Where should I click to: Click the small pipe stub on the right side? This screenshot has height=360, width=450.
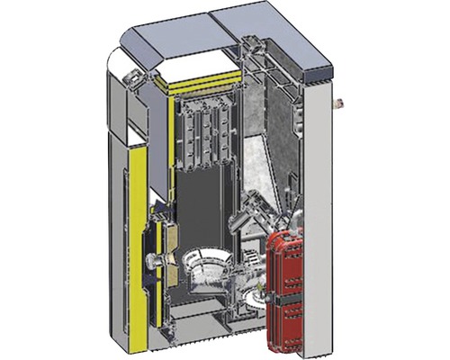pos(339,102)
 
